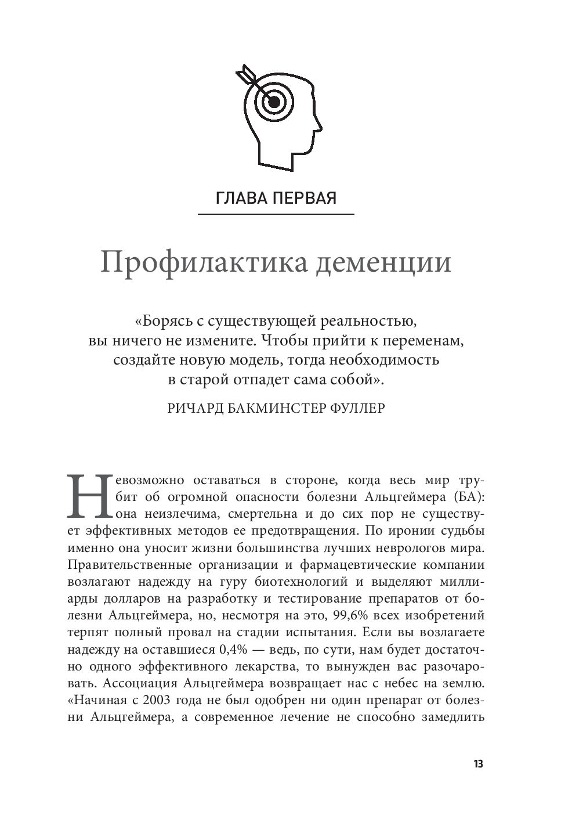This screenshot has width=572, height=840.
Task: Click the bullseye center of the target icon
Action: pyautogui.click(x=274, y=103)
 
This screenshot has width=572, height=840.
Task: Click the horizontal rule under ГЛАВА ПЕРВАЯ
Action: pyautogui.click(x=276, y=215)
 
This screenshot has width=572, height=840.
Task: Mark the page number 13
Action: pyautogui.click(x=478, y=764)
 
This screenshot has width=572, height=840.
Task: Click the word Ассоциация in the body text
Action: pyautogui.click(x=135, y=683)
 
